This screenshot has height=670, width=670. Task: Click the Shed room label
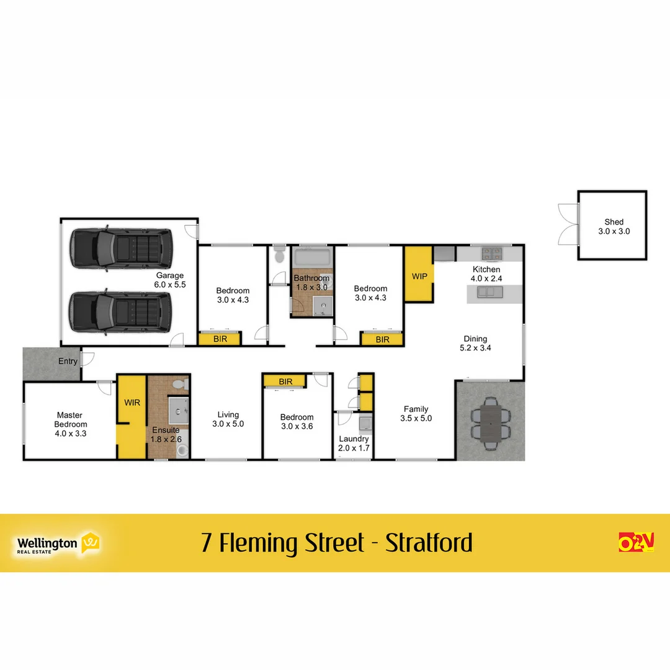(x=614, y=226)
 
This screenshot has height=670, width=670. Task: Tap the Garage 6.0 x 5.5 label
(x=170, y=280)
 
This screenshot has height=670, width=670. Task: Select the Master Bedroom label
(x=70, y=424)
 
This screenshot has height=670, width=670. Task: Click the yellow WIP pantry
(x=419, y=275)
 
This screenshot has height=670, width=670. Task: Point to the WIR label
(x=132, y=403)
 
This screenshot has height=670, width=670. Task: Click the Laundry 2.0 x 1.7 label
(x=354, y=443)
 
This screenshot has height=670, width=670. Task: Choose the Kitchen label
(x=486, y=274)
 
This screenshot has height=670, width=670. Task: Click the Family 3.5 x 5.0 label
(x=416, y=414)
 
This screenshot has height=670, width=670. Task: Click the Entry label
(x=68, y=361)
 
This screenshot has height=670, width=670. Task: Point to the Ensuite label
(x=165, y=434)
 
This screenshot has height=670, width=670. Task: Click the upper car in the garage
(x=121, y=249)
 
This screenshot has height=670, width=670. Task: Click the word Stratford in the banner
(x=429, y=543)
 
